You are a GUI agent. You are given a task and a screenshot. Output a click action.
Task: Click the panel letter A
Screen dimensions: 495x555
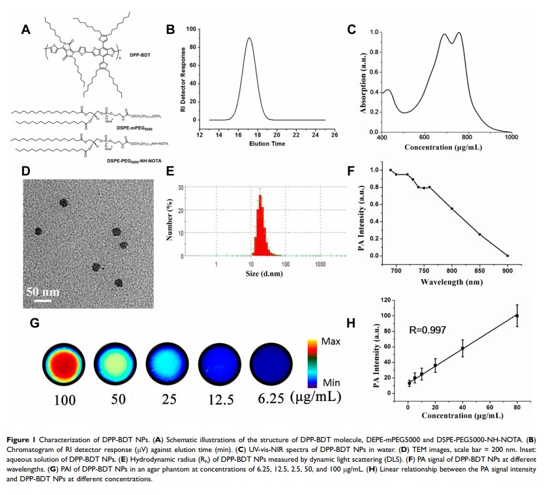(26, 29)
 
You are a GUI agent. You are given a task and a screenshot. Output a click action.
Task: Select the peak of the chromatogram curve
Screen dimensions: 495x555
(248, 38)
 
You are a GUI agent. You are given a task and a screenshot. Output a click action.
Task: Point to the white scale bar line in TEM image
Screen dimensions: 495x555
(43, 301)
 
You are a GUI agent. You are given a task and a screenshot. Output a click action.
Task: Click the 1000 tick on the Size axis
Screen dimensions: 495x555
(320, 265)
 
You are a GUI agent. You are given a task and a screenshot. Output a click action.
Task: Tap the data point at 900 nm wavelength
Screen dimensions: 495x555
(507, 256)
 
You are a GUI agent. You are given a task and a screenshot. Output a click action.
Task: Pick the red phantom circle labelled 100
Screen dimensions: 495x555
(64, 365)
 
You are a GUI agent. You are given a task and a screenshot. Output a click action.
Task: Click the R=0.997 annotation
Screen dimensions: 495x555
(428, 330)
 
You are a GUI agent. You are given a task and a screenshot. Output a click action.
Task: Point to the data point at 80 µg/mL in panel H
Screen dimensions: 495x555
(517, 316)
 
